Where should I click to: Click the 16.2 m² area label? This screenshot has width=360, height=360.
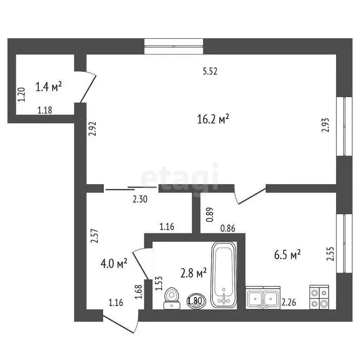click(x=213, y=120)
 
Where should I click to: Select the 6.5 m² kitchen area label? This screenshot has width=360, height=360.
click(x=287, y=255)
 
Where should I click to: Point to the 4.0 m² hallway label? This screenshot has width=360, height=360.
click(x=114, y=263)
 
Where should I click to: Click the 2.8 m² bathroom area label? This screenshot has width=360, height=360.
click(x=194, y=273)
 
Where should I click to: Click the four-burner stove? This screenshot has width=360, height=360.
click(x=320, y=297)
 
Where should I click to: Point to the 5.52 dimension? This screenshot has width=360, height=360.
click(x=210, y=72)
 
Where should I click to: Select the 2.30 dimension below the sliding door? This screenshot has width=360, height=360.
click(x=140, y=199)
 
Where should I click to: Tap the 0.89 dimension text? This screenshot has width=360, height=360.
click(x=210, y=214)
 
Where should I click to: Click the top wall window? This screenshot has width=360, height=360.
click(x=174, y=46)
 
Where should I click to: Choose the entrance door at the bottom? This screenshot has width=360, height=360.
click(x=120, y=324)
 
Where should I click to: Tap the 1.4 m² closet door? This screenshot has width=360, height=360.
click(x=88, y=87)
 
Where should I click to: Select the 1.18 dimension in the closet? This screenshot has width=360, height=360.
click(x=45, y=111)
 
